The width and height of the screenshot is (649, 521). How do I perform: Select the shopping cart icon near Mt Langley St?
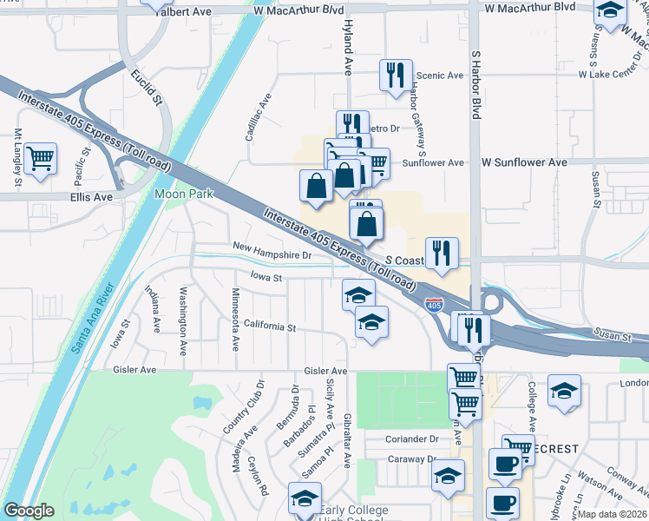pos(40,160)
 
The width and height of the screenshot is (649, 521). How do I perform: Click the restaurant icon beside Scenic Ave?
pos(396,75)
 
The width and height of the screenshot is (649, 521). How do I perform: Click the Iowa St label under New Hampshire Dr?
pos(266,278)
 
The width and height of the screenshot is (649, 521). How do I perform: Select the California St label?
pos(270,327)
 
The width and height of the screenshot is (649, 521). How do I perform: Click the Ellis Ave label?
pos(91,197)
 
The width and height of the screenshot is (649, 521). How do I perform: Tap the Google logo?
pos(29,511)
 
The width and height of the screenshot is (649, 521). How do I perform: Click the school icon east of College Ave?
pos(564,391)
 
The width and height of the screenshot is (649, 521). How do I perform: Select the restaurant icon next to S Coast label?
pos(442,254)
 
